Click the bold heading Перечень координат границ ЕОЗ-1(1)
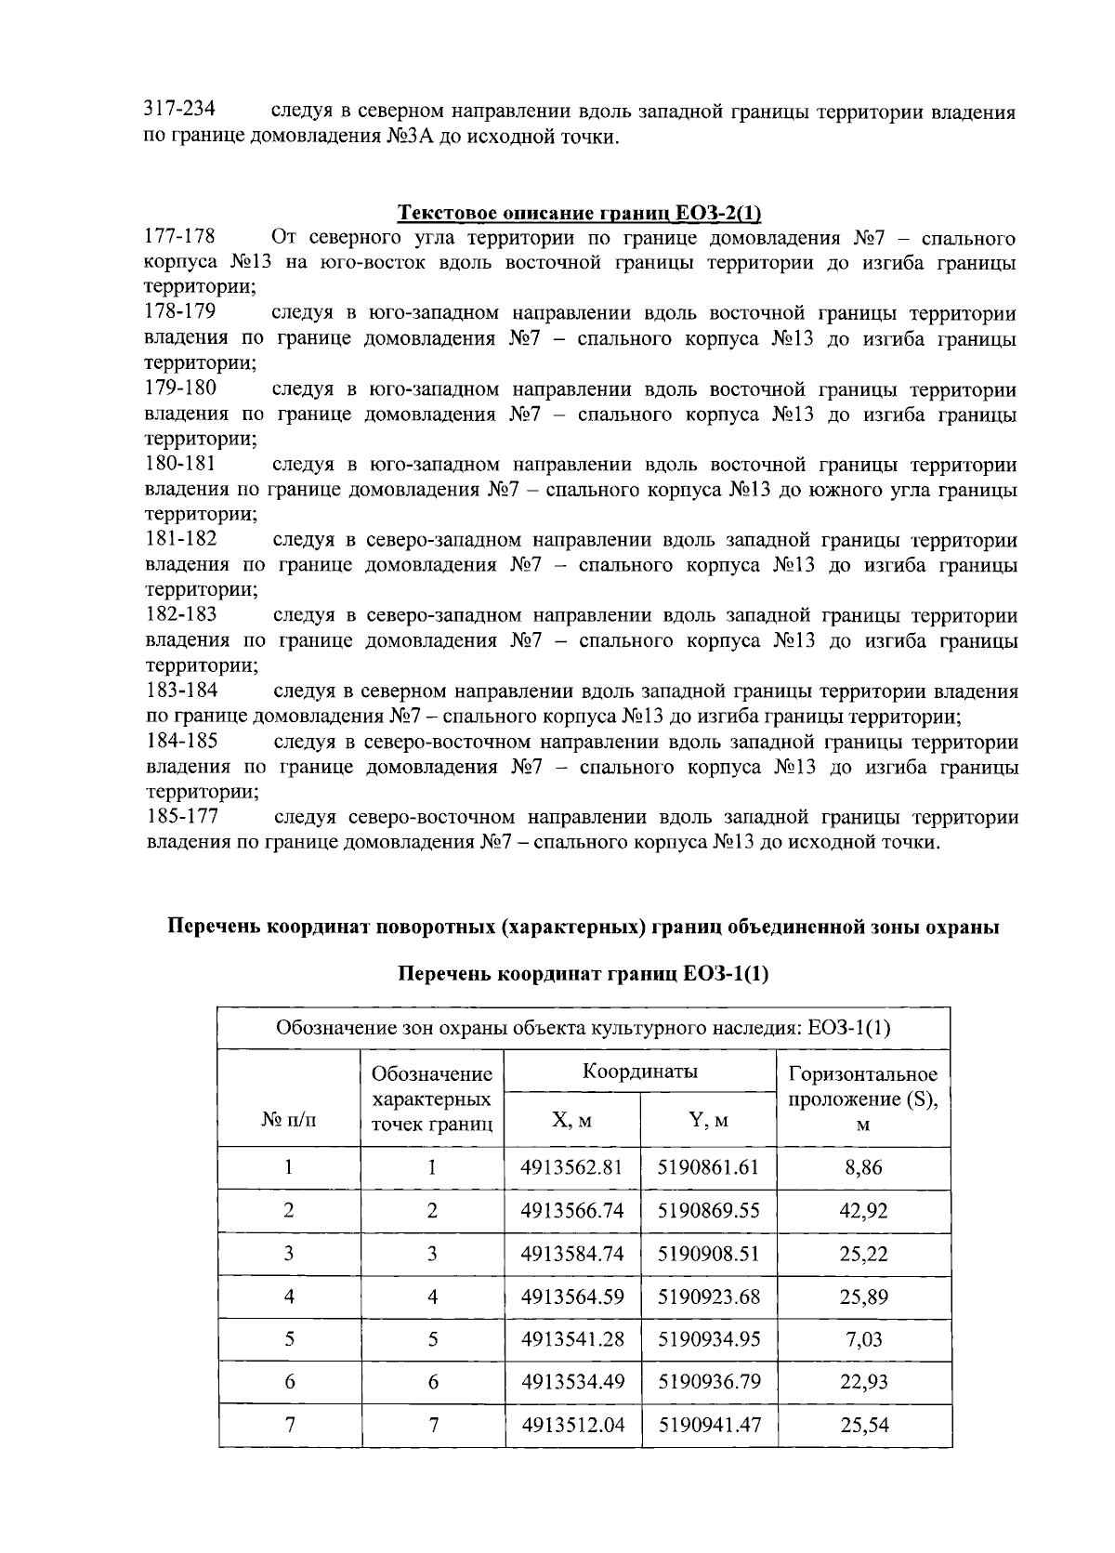coord(584,974)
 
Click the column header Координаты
coord(640,1071)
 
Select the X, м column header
coord(571,1120)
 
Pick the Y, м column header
coord(708,1120)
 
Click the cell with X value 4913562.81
coord(571,1167)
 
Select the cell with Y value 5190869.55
coord(708,1210)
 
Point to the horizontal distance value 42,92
coord(863,1210)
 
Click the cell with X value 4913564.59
coord(571,1296)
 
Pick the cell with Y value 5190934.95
coord(708,1338)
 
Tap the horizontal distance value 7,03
coord(863,1338)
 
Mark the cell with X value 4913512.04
coord(571,1424)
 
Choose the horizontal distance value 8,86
coord(863,1167)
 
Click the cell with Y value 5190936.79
coord(708,1381)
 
